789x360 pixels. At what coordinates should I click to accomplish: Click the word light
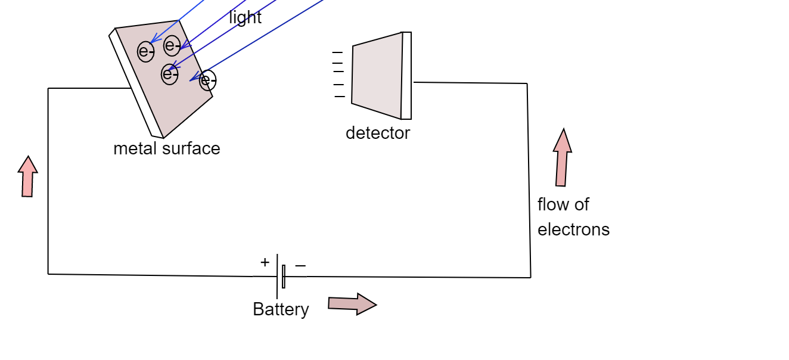[x=245, y=18]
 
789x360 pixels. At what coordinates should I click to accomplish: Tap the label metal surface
[x=166, y=148]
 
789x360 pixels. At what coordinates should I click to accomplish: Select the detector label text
[x=377, y=133]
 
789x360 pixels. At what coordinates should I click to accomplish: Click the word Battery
[x=281, y=309]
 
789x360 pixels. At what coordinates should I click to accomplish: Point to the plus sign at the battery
[x=265, y=262]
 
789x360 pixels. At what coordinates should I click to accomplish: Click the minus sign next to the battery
[x=300, y=265]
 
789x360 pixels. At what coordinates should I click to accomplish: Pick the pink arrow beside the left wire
[x=27, y=176]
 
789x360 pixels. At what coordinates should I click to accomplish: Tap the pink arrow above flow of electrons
[x=562, y=158]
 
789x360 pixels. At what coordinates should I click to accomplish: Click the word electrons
[x=573, y=229]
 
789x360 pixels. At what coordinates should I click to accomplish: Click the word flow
[x=551, y=204]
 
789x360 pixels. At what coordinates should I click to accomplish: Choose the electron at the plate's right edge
[x=208, y=80]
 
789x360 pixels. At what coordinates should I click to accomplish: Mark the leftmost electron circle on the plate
[x=146, y=52]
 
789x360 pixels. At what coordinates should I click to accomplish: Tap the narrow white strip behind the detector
[x=406, y=76]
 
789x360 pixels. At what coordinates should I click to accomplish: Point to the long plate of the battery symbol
[x=277, y=276]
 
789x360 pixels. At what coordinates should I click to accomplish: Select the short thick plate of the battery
[x=284, y=277]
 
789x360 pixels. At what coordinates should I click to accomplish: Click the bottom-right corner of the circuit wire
[x=530, y=277]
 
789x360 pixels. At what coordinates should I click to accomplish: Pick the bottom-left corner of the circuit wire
[x=48, y=274]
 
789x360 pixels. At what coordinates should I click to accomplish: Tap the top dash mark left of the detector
[x=337, y=52]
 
